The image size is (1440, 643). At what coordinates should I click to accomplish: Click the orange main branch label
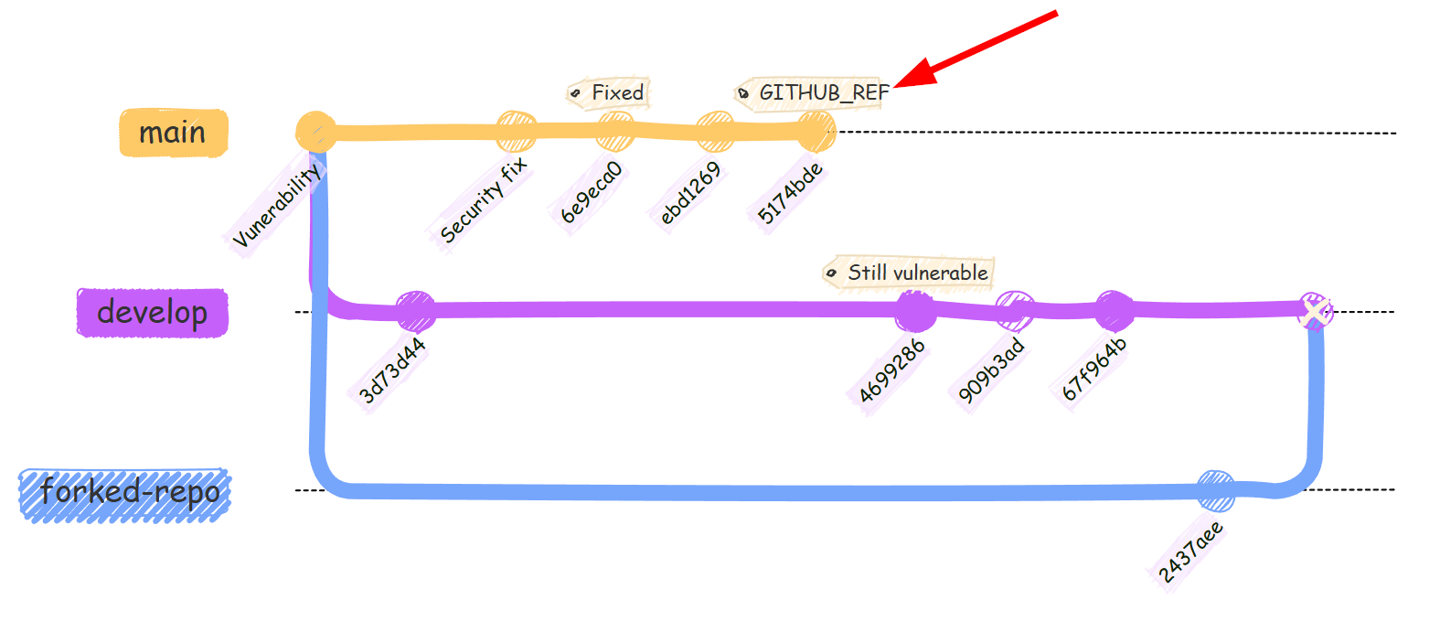173,133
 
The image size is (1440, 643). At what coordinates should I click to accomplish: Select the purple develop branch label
152,313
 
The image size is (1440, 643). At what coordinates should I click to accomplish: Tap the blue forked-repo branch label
125,495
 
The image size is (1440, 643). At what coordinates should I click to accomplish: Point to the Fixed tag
610,92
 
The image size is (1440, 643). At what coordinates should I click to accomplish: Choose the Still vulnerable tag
909,273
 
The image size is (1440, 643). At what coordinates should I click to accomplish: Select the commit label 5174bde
790,193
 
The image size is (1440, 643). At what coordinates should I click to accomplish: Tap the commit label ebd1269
690,193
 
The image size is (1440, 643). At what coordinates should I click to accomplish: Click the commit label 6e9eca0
592,192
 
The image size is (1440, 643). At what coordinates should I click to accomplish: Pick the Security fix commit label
483,200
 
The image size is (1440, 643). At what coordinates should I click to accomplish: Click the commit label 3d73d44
392,370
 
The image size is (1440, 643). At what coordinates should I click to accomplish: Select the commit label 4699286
891,370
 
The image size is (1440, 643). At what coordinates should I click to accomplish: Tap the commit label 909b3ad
991,370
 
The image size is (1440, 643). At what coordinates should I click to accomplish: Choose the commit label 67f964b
1093,370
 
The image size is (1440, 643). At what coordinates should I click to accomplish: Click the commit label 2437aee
1190,552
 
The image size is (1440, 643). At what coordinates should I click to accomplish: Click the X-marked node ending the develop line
1315,312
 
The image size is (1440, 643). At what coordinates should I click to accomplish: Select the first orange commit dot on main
315,132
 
